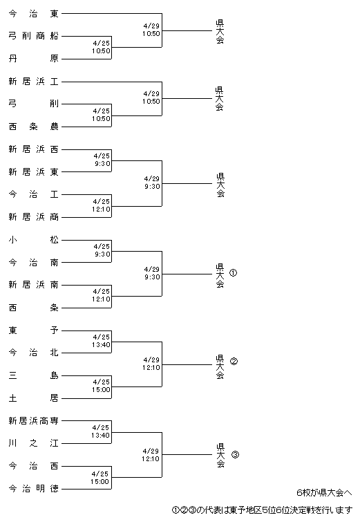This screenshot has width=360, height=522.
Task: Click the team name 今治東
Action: (x=33, y=14)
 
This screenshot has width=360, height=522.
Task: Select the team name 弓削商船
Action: (x=33, y=36)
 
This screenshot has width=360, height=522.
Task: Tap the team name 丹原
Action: (x=33, y=59)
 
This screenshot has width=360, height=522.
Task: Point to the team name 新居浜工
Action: (x=33, y=81)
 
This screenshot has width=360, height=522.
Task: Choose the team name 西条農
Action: (x=33, y=127)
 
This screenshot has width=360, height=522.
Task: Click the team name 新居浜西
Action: (x=33, y=149)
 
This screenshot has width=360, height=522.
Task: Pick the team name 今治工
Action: (x=33, y=194)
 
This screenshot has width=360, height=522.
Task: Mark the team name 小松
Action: (x=33, y=240)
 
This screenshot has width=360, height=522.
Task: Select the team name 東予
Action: (x=33, y=330)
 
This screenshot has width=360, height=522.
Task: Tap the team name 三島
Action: (x=33, y=375)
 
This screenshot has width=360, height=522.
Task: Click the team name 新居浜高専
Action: (x=33, y=421)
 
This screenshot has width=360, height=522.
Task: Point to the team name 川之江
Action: (x=33, y=443)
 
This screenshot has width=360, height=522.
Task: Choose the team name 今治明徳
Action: (x=33, y=488)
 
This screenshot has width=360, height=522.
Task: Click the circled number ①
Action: (x=234, y=273)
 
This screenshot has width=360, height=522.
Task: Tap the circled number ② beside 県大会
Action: (x=234, y=361)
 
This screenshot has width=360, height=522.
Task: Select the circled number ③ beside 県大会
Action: (x=235, y=454)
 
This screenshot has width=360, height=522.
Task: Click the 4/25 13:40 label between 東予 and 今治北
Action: (x=101, y=341)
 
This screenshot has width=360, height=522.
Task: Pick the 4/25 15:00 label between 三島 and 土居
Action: (x=101, y=386)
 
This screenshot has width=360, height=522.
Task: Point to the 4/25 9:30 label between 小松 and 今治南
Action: (x=102, y=250)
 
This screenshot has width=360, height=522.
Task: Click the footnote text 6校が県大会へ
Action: (x=324, y=493)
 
